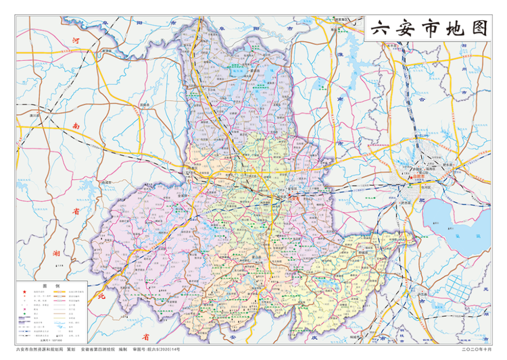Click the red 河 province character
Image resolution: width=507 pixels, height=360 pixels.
click(76, 43)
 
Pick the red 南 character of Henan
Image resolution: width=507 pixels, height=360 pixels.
click(76, 126)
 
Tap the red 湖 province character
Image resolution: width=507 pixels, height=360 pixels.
click(55, 255)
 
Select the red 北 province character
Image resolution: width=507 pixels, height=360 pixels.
click(102, 297)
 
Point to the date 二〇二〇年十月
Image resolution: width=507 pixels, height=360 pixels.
click(476, 350)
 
